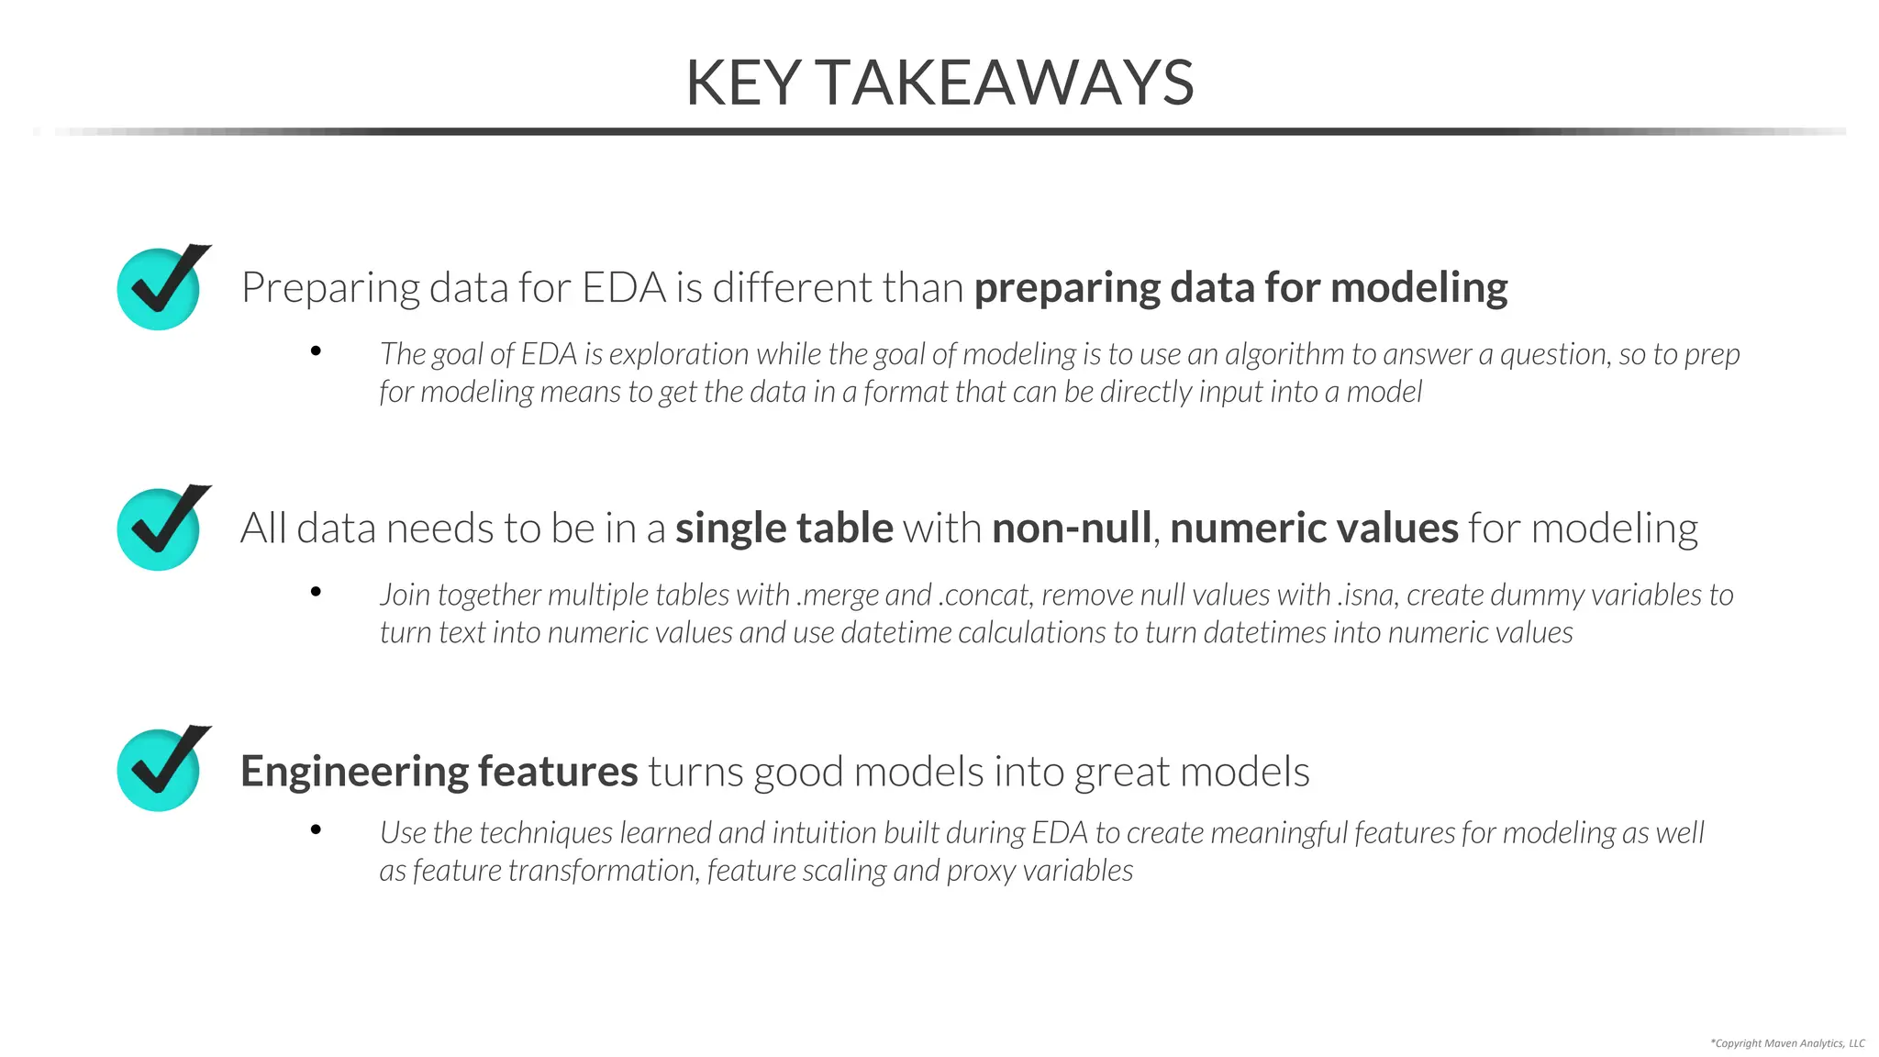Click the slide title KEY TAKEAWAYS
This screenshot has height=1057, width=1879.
(939, 83)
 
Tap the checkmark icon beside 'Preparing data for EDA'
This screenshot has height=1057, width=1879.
(161, 287)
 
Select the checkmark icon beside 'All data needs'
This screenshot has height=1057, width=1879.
(161, 528)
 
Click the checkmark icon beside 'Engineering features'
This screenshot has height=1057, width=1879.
(161, 768)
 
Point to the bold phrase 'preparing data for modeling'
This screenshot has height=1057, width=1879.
(1240, 288)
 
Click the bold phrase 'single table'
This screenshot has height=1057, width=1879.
(784, 528)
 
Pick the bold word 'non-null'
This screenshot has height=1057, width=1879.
(1071, 528)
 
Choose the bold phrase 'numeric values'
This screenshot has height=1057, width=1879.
(1314, 528)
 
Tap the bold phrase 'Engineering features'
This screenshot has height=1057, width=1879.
(439, 771)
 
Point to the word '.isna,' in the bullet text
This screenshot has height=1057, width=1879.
(1368, 595)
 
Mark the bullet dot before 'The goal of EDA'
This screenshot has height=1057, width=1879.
(316, 350)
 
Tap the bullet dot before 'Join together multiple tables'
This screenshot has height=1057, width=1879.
(316, 592)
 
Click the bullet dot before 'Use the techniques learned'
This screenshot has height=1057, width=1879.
(316, 829)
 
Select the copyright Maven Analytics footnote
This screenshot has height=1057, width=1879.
(1787, 1043)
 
